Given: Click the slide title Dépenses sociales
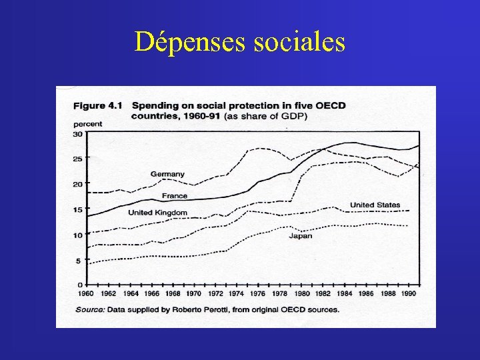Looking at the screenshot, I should point(239,42).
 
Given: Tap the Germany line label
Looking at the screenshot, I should point(167,174).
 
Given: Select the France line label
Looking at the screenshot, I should point(174,196).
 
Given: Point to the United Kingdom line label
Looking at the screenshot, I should point(157,213).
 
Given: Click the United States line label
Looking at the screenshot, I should point(375,205).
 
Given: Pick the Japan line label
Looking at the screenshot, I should point(300,236).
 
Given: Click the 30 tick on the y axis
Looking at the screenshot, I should point(77,133).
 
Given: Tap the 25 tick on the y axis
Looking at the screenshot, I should point(77,159).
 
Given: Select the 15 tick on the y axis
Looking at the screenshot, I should point(77,209).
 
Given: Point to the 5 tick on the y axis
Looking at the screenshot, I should point(79,260).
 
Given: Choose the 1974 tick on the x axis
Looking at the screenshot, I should point(235,293).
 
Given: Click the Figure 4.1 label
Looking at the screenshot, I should point(98,105).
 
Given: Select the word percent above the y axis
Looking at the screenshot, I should point(87,123).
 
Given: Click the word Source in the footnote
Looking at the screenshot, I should point(88,309).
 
